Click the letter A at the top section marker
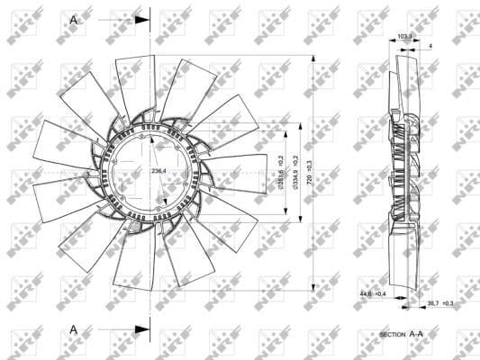tap(73, 17)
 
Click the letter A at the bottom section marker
tap(73, 329)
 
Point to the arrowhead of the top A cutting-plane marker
tap(142, 17)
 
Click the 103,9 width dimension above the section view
tap(404, 37)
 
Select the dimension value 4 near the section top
tap(430, 44)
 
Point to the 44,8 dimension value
tap(364, 294)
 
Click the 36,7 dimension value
tap(433, 304)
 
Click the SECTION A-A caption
tap(402, 334)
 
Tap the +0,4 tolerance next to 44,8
tap(380, 294)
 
